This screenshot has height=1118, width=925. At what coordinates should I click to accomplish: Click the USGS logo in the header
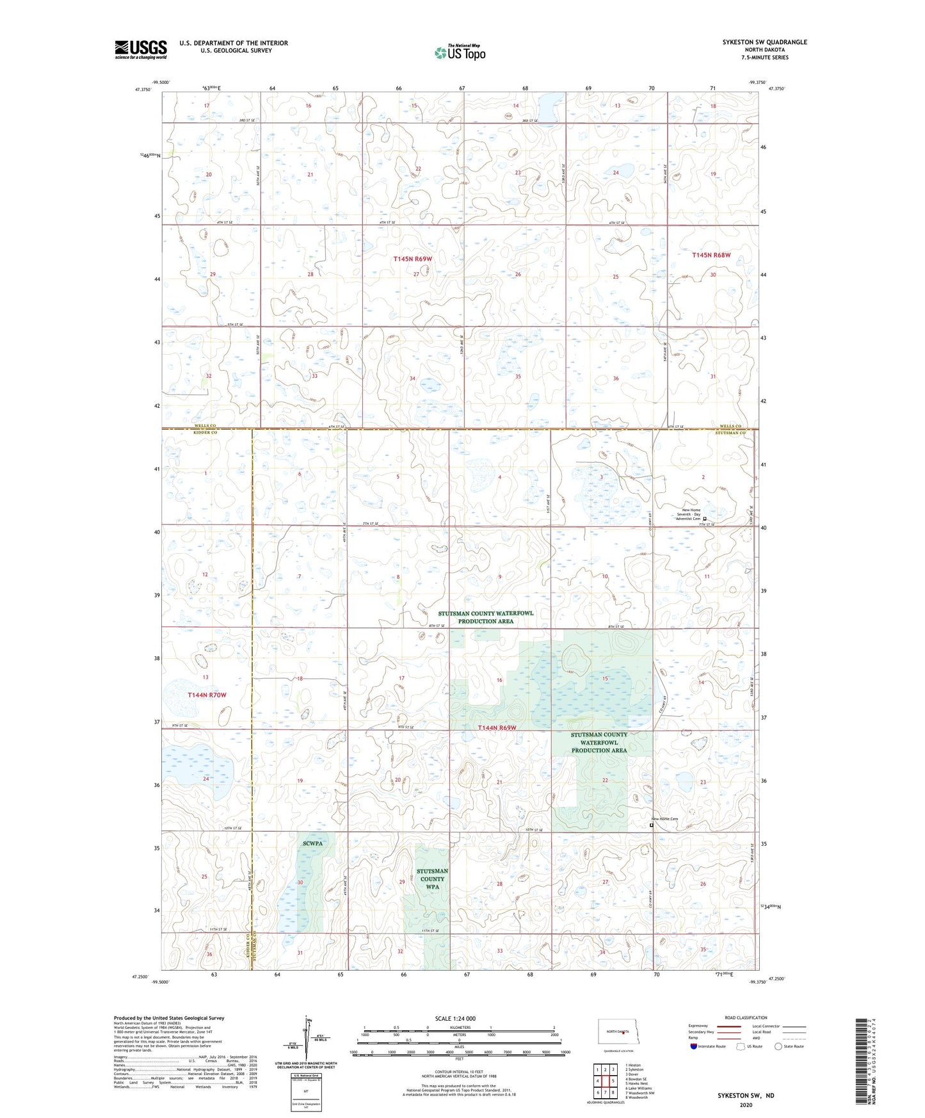140,49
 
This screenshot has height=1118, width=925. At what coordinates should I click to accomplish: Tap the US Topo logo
459,53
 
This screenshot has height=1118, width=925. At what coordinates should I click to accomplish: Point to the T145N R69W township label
412,259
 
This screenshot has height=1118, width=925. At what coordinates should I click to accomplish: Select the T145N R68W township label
711,255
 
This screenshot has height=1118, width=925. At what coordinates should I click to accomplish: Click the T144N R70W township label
207,695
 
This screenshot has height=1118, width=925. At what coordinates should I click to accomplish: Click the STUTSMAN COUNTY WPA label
432,879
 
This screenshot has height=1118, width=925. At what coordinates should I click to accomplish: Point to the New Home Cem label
664,819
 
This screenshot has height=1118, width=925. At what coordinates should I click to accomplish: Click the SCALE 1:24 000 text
455,1018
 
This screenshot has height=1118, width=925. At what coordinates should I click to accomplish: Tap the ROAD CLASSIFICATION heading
746,1017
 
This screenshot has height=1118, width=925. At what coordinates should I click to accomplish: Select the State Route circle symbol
778,1046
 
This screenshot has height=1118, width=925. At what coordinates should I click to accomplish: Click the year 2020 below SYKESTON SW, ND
746,1105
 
